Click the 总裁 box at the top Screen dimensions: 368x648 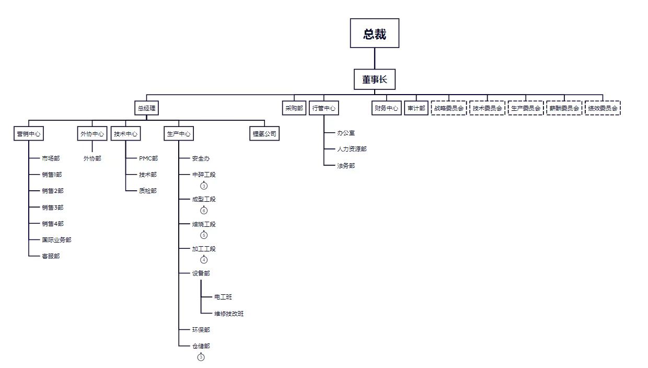coord(375,33)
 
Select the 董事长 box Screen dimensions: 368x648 coord(375,79)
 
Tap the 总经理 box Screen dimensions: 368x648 coord(146,108)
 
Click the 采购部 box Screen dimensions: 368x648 coord(294,108)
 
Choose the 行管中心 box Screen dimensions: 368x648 coord(323,108)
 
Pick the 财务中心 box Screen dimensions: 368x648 coord(386,108)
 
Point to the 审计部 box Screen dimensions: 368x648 coord(416,108)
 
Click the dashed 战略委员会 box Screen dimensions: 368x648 coord(449,108)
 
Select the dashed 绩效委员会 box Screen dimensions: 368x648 coord(603,108)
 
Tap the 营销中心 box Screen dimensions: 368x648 coord(29,134)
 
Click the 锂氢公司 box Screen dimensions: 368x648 coord(265,134)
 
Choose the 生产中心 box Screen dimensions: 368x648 coord(179,134)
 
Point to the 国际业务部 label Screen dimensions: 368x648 coord(57,240)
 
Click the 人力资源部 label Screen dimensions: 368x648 coord(352,149)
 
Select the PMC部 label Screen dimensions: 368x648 coord(148,158)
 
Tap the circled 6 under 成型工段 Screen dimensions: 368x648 coord(204,211)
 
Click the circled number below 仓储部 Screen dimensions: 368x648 coord(201,358)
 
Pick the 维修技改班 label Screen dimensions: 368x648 coord(229,314)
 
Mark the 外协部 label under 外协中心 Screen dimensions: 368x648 coord(92,158)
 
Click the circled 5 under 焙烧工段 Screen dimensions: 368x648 coord(204,235)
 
